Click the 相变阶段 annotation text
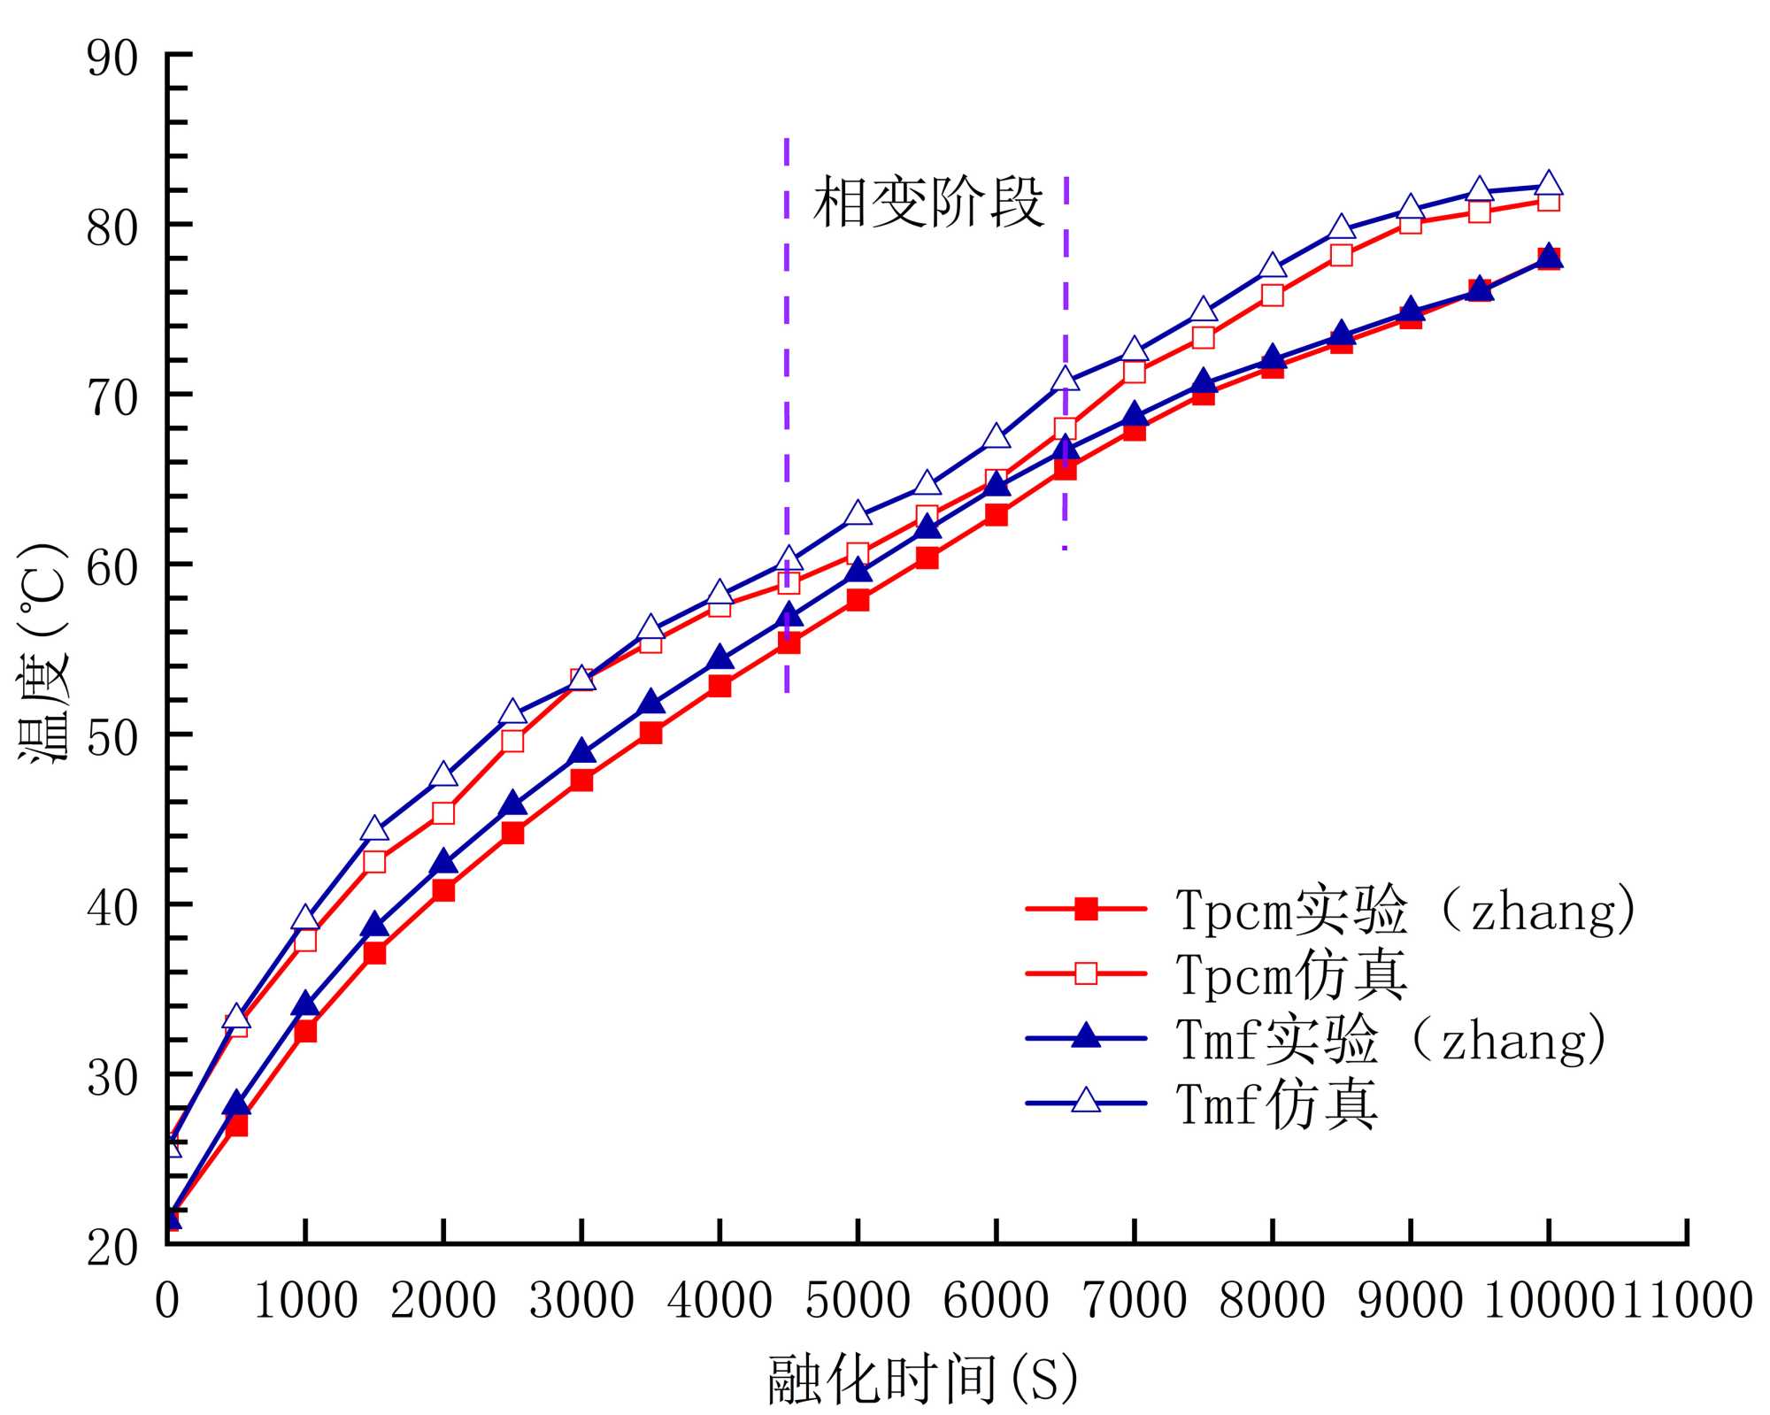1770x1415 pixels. (x=927, y=203)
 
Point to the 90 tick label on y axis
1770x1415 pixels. (x=112, y=59)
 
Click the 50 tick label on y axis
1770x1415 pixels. (x=112, y=736)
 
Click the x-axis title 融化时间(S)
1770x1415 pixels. (x=923, y=1378)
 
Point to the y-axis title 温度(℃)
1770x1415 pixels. (x=42, y=652)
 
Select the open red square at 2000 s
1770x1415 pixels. (x=443, y=812)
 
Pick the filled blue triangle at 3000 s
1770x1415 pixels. (x=581, y=752)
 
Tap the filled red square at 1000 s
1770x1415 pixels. (x=305, y=1031)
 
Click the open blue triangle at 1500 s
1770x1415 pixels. (x=374, y=829)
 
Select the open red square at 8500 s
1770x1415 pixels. (x=1342, y=256)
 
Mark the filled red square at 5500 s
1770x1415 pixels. (x=927, y=558)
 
